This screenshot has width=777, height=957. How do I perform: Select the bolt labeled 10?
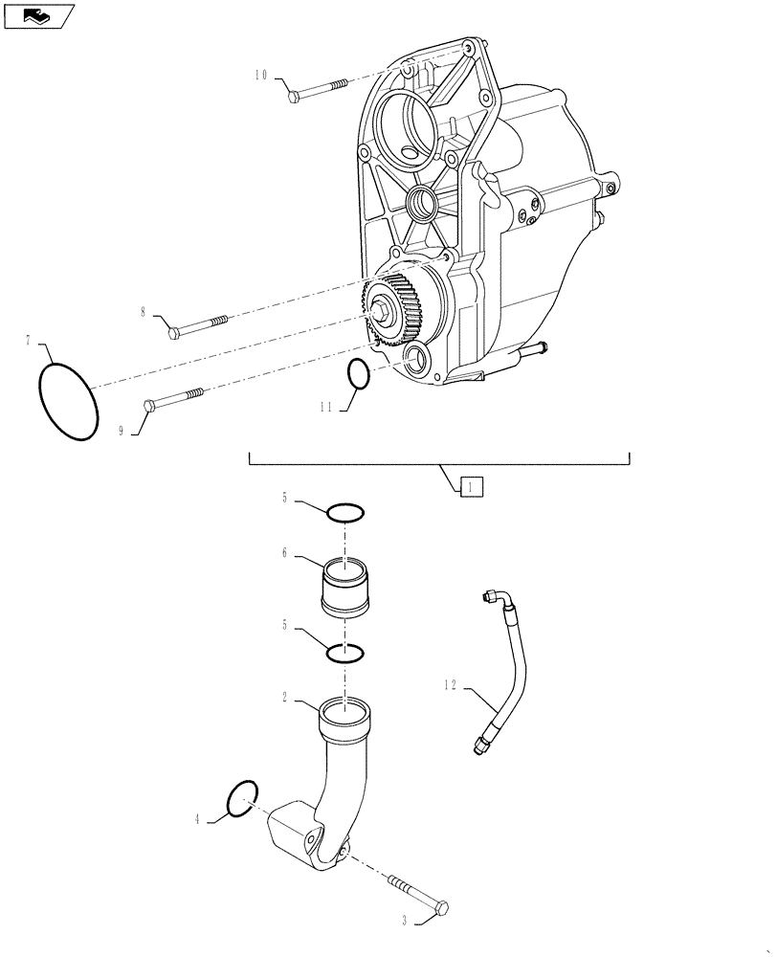(315, 91)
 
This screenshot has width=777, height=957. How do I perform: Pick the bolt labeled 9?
(173, 399)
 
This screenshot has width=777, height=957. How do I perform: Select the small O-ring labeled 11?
(357, 375)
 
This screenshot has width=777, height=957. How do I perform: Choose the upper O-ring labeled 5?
(345, 514)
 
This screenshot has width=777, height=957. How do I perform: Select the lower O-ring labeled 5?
(344, 654)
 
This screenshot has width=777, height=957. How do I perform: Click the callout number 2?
(284, 699)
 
